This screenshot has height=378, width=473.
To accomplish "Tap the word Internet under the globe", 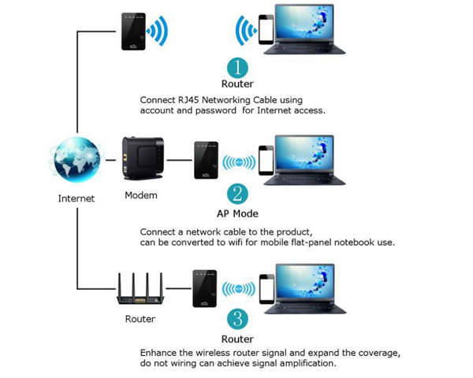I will (x=76, y=198).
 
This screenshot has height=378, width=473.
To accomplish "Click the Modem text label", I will (x=141, y=195).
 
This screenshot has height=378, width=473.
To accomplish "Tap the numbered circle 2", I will (x=237, y=194).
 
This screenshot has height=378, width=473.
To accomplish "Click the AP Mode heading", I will (x=237, y=213).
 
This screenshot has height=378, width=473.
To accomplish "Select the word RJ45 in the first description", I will (x=194, y=100).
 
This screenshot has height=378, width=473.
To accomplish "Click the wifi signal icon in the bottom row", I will (x=238, y=290).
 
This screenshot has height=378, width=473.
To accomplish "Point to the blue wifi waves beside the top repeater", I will (x=158, y=31).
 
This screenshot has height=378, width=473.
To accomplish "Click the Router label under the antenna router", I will (x=140, y=319).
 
